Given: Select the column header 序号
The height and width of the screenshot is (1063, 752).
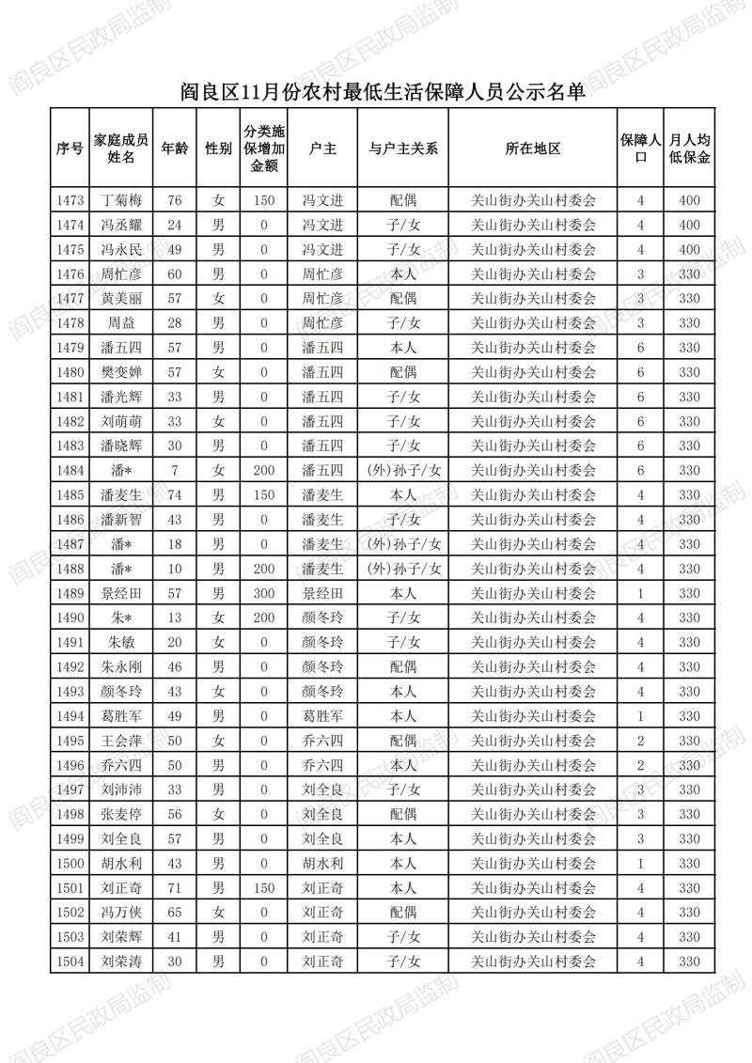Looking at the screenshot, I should click(x=70, y=149).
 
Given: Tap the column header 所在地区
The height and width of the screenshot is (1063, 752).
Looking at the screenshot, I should click(x=532, y=149).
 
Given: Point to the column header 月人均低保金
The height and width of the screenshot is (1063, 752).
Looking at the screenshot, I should click(x=689, y=149).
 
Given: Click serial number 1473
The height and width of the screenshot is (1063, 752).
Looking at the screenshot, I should click(x=70, y=200).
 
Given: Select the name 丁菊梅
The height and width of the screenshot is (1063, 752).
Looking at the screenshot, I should click(x=121, y=200).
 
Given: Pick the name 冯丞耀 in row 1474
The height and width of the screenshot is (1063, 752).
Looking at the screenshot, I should click(x=121, y=225).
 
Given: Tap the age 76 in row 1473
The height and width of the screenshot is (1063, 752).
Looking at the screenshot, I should click(x=174, y=200).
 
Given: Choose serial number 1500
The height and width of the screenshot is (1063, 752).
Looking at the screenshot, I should click(x=70, y=863).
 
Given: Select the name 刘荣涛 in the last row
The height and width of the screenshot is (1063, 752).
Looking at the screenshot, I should click(x=121, y=961).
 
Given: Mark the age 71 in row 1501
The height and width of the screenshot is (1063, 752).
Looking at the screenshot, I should click(x=174, y=887).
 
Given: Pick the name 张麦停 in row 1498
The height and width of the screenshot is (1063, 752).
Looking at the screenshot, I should click(x=121, y=814).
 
